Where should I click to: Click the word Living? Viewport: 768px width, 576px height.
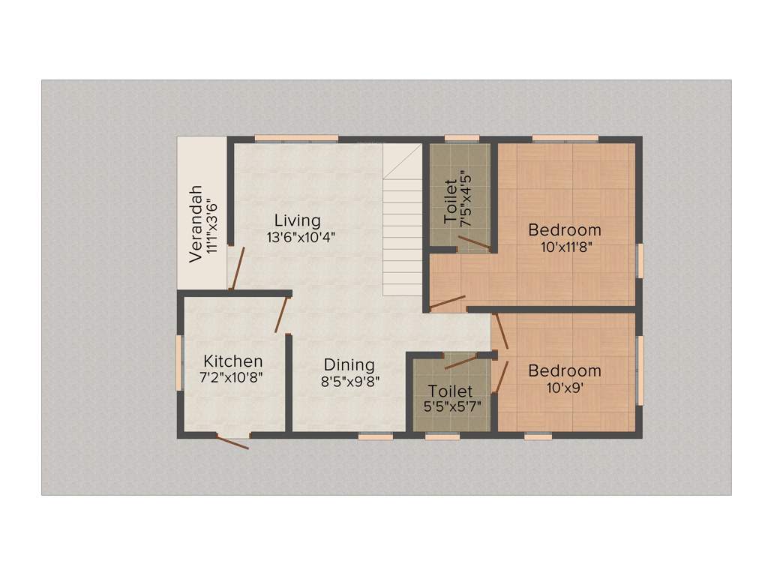297,220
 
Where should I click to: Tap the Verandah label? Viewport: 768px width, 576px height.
196,223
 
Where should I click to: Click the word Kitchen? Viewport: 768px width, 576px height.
233,361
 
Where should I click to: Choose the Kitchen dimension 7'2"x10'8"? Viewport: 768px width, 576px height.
231,378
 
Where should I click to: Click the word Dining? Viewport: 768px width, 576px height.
350,365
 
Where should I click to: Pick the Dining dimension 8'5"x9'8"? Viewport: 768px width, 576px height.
350,381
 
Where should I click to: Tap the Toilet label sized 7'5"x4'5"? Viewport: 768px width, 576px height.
450,202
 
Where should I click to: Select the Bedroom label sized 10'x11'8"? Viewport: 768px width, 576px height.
565,229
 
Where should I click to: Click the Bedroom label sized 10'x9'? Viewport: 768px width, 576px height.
565,370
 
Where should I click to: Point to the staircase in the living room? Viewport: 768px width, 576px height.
403,225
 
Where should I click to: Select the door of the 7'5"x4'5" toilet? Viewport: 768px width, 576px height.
475,243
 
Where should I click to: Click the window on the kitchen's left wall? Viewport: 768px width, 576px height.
179,362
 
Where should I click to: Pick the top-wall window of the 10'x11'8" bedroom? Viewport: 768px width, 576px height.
565,138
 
